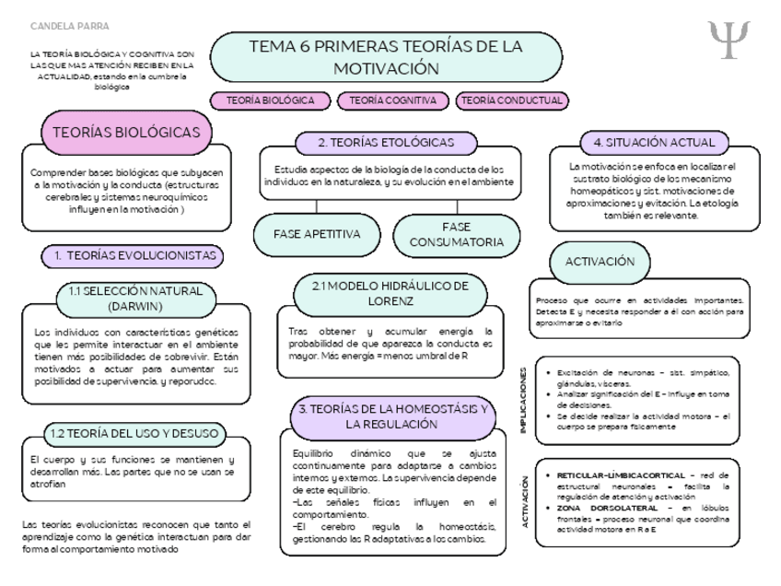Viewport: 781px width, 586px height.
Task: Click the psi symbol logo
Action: [730, 37]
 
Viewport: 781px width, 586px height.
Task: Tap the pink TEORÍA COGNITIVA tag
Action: [393, 100]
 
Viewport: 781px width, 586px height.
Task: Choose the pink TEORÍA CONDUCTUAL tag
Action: [512, 100]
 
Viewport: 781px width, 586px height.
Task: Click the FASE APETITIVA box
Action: [317, 234]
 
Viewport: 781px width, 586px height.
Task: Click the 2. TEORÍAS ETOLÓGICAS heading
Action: [386, 143]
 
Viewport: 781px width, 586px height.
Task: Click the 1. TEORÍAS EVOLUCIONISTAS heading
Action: [135, 254]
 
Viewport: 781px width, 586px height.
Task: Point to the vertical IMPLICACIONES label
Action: [524, 398]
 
